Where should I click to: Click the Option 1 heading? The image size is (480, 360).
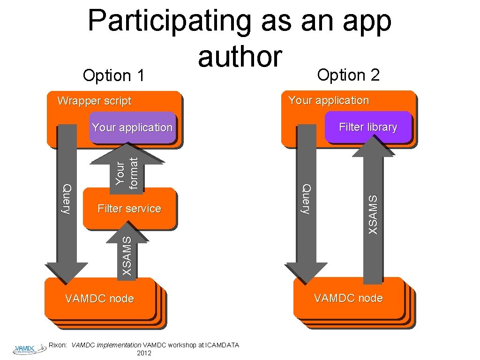(113, 75)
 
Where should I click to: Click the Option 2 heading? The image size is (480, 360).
(348, 75)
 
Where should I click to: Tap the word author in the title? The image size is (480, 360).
(240, 57)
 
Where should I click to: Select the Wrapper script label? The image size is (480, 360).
(94, 101)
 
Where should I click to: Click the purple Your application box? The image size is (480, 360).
(132, 127)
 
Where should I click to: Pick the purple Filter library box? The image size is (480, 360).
(367, 127)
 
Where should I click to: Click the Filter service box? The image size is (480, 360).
(129, 209)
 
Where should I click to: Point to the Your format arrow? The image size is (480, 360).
(127, 171)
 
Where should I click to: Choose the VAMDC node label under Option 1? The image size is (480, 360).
(99, 299)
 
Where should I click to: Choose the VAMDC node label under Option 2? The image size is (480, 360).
(348, 298)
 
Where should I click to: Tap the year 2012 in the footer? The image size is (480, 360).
(143, 353)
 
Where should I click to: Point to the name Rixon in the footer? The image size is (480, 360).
(59, 345)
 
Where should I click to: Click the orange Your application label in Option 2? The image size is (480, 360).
(329, 100)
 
